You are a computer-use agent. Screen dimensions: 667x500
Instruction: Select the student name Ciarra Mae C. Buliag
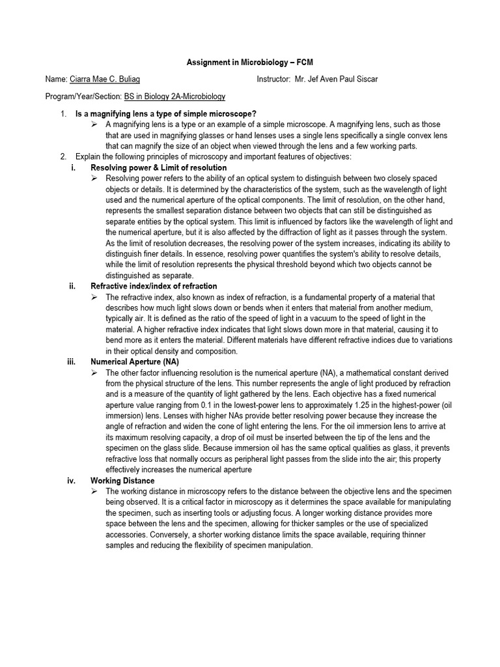(x=104, y=79)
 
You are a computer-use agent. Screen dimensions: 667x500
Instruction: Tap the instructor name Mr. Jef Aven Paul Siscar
(x=335, y=79)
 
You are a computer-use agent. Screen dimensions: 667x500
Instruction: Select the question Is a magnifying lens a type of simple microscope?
(x=166, y=114)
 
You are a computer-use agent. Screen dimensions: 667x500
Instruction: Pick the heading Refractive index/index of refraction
(x=154, y=286)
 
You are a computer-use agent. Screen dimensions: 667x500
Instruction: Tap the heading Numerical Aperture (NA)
(x=135, y=362)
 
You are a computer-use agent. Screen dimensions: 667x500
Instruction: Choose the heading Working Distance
(x=122, y=481)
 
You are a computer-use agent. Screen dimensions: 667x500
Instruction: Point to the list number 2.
(x=63, y=157)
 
